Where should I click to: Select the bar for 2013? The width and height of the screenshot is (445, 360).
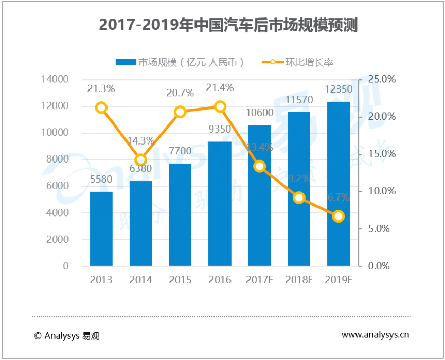[x=101, y=229]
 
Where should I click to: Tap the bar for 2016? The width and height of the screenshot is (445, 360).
[x=220, y=204]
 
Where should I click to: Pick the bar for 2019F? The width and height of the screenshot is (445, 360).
[x=338, y=184]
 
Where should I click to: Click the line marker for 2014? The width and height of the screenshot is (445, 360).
[x=141, y=159]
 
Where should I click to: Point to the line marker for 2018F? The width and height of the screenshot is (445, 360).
[x=299, y=197]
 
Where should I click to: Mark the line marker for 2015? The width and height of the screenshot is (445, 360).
[x=180, y=112]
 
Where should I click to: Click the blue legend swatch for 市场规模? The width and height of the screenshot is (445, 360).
[x=126, y=62]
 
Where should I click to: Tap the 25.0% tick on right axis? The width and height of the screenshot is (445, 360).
[x=381, y=79]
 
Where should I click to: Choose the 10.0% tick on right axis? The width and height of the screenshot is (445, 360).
[x=381, y=191]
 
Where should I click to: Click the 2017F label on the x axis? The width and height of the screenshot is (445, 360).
[x=260, y=280]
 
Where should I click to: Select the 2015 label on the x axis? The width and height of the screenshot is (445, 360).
[x=180, y=280]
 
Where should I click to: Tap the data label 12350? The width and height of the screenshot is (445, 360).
[x=339, y=89]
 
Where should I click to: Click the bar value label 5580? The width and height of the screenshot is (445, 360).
[x=101, y=181]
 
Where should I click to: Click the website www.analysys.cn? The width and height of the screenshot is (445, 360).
[x=376, y=335]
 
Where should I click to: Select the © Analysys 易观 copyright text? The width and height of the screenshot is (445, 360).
[x=66, y=336]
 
